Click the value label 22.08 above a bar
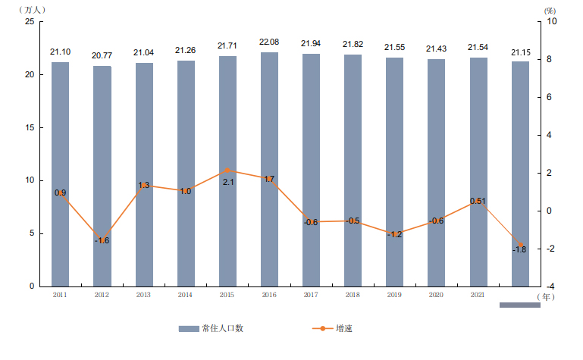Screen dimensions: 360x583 269,42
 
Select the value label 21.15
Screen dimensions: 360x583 520,52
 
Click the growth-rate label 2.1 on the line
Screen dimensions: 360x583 227,182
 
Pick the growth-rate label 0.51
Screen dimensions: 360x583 478,201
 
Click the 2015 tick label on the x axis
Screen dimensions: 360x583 227,294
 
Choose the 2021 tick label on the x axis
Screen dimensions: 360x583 478,294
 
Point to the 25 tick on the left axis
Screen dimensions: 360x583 30,22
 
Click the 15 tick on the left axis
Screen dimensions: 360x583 30,127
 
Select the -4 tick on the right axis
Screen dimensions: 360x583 550,286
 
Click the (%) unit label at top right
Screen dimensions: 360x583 550,10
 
